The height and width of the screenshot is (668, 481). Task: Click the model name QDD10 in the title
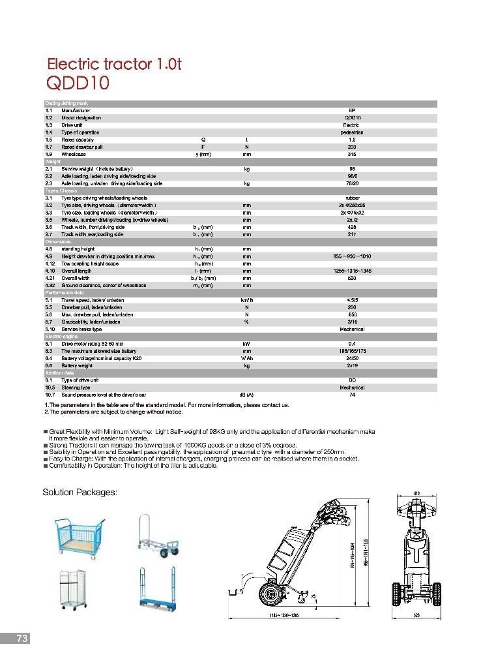point(78,83)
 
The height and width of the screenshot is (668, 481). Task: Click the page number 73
point(22,639)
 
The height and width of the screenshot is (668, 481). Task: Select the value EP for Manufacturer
point(352,111)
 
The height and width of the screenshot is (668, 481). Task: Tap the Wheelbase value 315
point(352,154)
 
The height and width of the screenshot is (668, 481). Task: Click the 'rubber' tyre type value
point(352,198)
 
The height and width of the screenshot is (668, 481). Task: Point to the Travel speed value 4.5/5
point(352,300)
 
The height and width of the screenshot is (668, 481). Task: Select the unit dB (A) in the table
point(246,395)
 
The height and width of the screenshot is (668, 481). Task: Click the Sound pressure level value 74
point(352,395)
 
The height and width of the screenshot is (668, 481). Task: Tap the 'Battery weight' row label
point(79,365)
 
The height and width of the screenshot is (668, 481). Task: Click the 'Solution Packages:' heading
point(80,492)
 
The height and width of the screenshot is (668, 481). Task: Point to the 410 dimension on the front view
point(416,493)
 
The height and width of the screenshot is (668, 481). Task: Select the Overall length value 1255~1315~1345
point(352,271)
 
